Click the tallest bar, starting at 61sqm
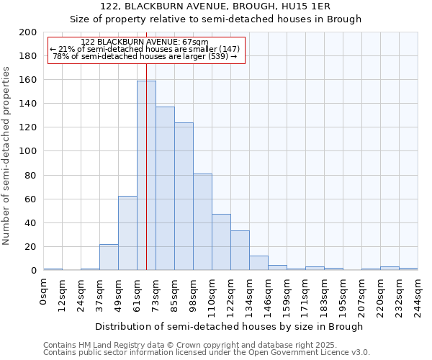[x=146, y=176]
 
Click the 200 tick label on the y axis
[x=28, y=32]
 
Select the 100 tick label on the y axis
[x=28, y=151]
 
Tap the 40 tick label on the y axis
[x=31, y=223]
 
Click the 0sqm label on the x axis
[x=44, y=291]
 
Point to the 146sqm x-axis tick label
[x=269, y=295]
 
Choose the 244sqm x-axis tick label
[x=418, y=295]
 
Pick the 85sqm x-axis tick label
[x=175, y=293]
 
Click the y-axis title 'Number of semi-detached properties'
[x=7, y=156]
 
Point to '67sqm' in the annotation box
[x=194, y=42]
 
